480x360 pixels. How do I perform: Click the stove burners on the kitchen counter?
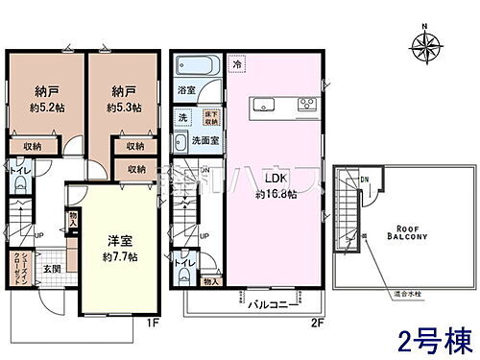click(x=305, y=106)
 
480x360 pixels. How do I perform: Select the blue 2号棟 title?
click(x=427, y=338)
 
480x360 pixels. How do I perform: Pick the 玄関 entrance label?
click(x=56, y=270)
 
